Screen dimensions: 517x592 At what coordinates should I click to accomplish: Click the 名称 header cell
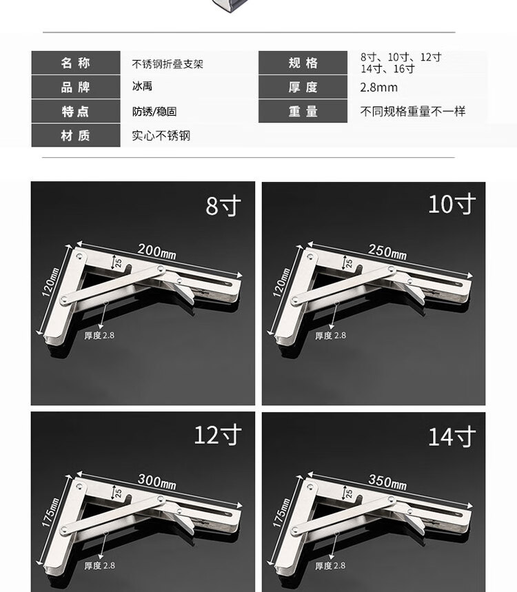pyautogui.click(x=76, y=63)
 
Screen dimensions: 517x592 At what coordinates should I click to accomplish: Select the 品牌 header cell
pyautogui.click(x=76, y=88)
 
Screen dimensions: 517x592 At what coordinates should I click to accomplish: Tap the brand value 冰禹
pyautogui.click(x=142, y=86)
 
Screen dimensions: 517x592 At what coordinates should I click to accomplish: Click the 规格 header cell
pyautogui.click(x=303, y=63)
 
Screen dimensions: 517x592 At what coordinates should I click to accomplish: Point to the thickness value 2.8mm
pyautogui.click(x=378, y=88)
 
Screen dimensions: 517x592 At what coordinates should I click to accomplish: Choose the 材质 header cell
pyautogui.click(x=76, y=135)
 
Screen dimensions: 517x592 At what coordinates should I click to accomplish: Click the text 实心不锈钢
pyautogui.click(x=161, y=136)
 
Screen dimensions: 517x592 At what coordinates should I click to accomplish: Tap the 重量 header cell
pyautogui.click(x=303, y=112)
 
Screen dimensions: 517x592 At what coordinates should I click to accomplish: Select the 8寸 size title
pyautogui.click(x=223, y=206)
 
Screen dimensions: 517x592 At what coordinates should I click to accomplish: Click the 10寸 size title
pyautogui.click(x=452, y=204)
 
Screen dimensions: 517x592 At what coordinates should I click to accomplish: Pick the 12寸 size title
pyautogui.click(x=218, y=435)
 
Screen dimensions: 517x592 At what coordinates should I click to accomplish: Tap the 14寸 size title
pyautogui.click(x=452, y=436)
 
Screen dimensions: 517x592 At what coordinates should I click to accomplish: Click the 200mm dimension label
pyautogui.click(x=156, y=251)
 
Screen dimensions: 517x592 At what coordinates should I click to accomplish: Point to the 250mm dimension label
pyautogui.click(x=387, y=252)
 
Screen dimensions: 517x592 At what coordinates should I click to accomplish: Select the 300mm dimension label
pyautogui.click(x=156, y=481)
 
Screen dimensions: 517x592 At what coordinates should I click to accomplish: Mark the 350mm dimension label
pyautogui.click(x=387, y=482)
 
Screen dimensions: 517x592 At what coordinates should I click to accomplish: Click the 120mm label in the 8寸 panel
pyautogui.click(x=50, y=282)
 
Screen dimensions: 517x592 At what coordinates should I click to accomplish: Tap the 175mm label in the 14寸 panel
pyautogui.click(x=281, y=512)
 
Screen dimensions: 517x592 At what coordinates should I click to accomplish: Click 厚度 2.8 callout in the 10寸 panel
pyautogui.click(x=330, y=336)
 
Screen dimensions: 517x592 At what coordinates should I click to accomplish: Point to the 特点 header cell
pyautogui.click(x=76, y=112)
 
